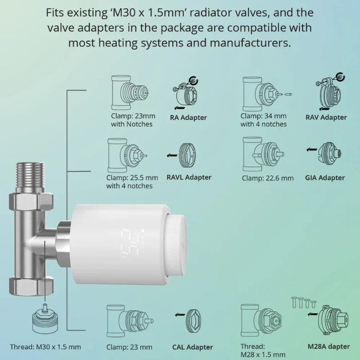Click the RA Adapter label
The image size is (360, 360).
click(x=188, y=118)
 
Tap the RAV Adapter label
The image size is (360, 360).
click(x=326, y=117)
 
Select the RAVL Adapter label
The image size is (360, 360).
click(x=189, y=177)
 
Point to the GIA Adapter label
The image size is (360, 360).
click(x=324, y=178)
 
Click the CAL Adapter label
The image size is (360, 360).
click(x=192, y=347)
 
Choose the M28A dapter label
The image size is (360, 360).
click(x=328, y=346)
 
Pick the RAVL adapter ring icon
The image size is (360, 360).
click(x=188, y=155)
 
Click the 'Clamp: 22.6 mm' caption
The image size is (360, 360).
click(x=267, y=178)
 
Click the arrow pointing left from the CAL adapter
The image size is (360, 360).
click(x=180, y=315)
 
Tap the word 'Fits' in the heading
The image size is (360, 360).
click(x=56, y=13)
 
